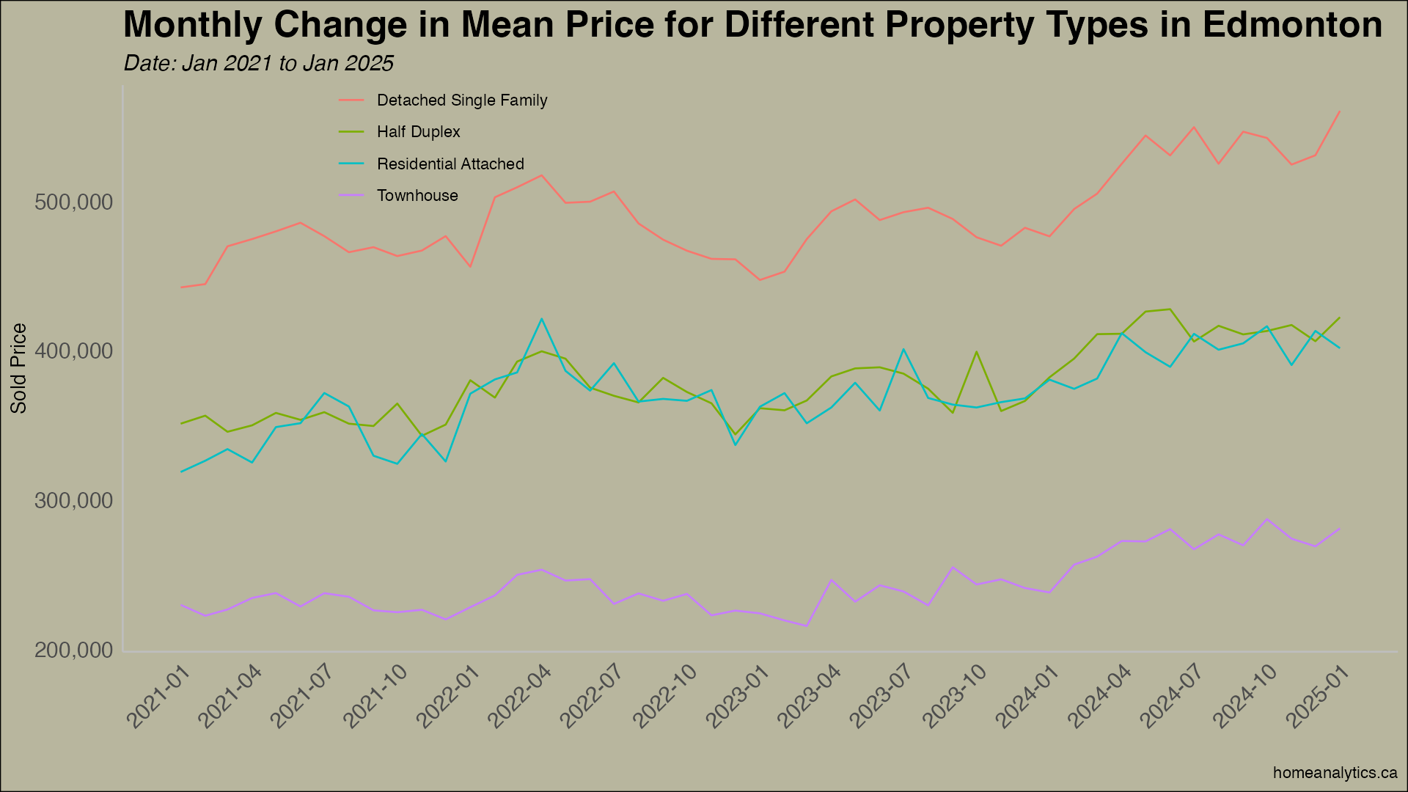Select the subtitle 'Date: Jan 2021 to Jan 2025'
pyautogui.click(x=258, y=64)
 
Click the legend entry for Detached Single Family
pyautogui.click(x=461, y=100)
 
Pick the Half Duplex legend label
pyautogui.click(x=418, y=132)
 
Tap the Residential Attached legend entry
pyautogui.click(x=450, y=164)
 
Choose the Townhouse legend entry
pyautogui.click(x=417, y=196)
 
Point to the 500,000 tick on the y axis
pyautogui.click(x=74, y=202)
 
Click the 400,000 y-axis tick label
pyautogui.click(x=74, y=352)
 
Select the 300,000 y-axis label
pyautogui.click(x=74, y=502)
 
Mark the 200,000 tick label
pyautogui.click(x=74, y=651)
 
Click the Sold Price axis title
pyautogui.click(x=19, y=368)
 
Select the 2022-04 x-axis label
pyautogui.click(x=519, y=697)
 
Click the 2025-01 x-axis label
pyautogui.click(x=1318, y=697)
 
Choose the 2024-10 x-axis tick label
pyautogui.click(x=1245, y=697)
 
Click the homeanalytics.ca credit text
pyautogui.click(x=1335, y=773)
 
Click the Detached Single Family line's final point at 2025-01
pyautogui.click(x=1340, y=111)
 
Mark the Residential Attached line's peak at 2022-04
pyautogui.click(x=541, y=319)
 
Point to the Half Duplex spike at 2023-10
pyautogui.click(x=977, y=352)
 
